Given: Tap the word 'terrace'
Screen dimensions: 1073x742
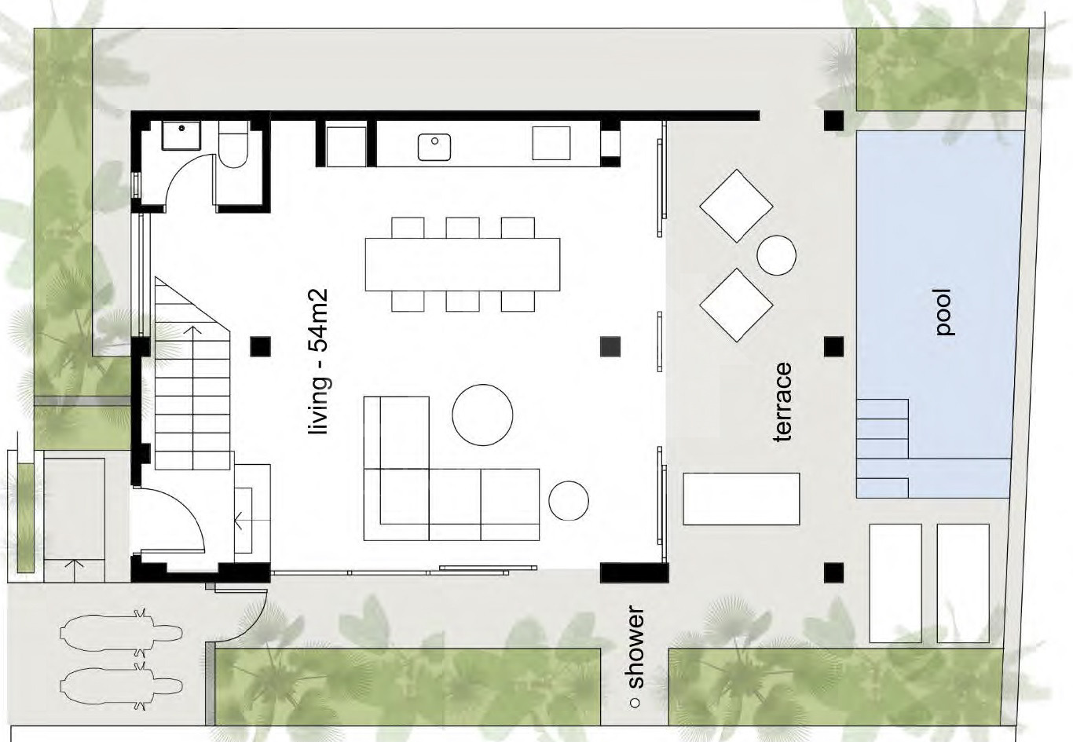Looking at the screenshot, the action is pyautogui.click(x=782, y=402).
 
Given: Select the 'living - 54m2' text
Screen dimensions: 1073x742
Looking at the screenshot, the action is pyautogui.click(x=319, y=361).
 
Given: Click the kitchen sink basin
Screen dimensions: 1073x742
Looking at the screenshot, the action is pyautogui.click(x=434, y=148).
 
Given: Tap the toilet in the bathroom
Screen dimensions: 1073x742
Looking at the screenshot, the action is pyautogui.click(x=233, y=144).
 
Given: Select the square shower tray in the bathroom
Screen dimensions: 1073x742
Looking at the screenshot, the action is pyautogui.click(x=181, y=136).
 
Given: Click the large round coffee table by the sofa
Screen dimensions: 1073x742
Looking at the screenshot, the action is pyautogui.click(x=482, y=415).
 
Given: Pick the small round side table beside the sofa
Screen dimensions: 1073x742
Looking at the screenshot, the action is pyautogui.click(x=569, y=500).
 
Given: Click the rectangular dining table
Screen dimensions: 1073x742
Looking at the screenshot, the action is pyautogui.click(x=462, y=265).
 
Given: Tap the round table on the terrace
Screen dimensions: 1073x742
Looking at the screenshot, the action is pyautogui.click(x=777, y=255).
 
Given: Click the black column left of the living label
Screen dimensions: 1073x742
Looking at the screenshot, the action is pyautogui.click(x=260, y=346).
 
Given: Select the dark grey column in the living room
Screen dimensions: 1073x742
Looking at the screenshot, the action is pyautogui.click(x=610, y=346).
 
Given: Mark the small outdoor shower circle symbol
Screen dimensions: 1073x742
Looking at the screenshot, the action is pyautogui.click(x=635, y=704).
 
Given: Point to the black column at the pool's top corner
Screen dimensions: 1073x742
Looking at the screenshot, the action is pyautogui.click(x=834, y=121).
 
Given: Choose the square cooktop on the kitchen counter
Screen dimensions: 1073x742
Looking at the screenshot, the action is pyautogui.click(x=551, y=143).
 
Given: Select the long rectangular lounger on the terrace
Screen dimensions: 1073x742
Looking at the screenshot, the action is pyautogui.click(x=741, y=499).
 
